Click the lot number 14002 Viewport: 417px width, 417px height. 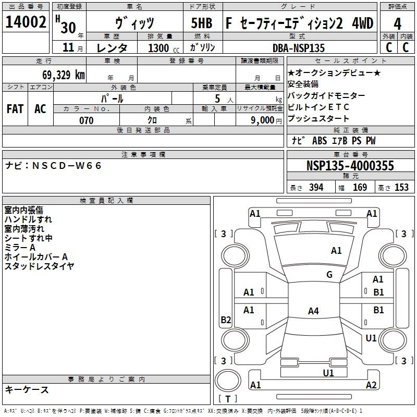pyautogui.click(x=26, y=22)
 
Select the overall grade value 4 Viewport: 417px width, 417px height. pyautogui.click(x=397, y=24)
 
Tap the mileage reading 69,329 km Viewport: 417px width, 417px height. pyautogui.click(x=64, y=75)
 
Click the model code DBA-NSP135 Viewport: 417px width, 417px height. pyautogui.click(x=299, y=48)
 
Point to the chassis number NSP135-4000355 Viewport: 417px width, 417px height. pyautogui.click(x=350, y=166)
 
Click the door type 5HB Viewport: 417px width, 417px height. pyautogui.click(x=202, y=23)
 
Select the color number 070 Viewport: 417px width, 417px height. pyautogui.click(x=87, y=120)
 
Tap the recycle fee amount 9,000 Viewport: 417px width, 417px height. pyautogui.click(x=262, y=120)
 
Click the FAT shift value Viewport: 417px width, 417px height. pyautogui.click(x=15, y=109)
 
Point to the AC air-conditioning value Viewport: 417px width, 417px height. pyautogui.click(x=41, y=109)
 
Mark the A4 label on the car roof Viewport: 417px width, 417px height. pyautogui.click(x=313, y=311)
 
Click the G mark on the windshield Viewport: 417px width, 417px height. pyautogui.click(x=329, y=275)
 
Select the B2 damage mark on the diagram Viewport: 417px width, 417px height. pyautogui.click(x=226, y=320)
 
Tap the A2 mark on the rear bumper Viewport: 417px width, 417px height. pyautogui.click(x=371, y=385)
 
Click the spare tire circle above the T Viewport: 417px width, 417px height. pyautogui.click(x=228, y=381)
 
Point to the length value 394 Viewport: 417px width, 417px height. pyautogui.click(x=316, y=187)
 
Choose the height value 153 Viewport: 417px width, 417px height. pyautogui.click(x=401, y=187)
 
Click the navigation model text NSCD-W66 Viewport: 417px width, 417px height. pyautogui.click(x=67, y=166)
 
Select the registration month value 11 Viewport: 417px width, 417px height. pyautogui.click(x=68, y=47)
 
